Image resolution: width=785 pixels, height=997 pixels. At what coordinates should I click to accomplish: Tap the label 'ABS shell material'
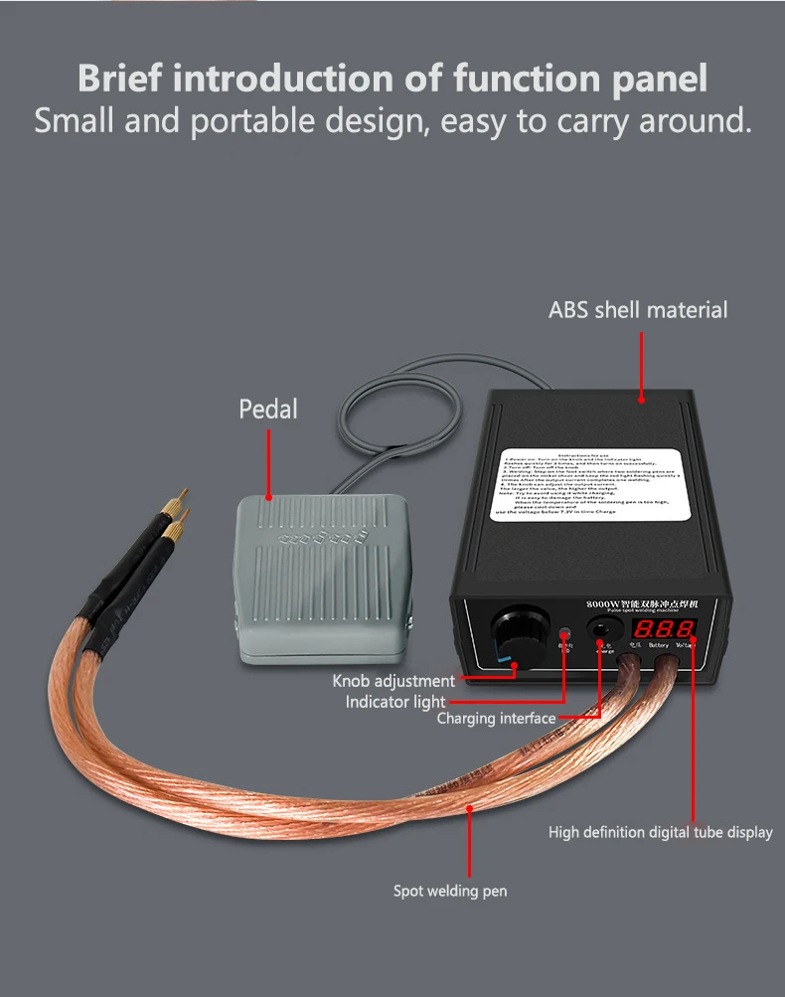coord(638,310)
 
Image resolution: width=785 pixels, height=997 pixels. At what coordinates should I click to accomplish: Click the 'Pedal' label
coord(267,409)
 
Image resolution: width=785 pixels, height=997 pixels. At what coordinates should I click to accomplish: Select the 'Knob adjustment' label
coord(393,681)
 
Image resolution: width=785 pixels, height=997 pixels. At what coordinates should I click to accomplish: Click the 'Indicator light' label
coord(395,702)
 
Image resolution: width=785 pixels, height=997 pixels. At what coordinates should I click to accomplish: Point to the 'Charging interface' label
coord(496,719)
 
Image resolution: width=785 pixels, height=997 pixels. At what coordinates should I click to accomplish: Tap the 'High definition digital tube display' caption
coord(660,832)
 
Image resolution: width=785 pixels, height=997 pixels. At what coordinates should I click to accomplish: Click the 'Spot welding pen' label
coord(450,891)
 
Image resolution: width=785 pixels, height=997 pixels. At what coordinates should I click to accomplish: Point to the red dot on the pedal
coord(268,494)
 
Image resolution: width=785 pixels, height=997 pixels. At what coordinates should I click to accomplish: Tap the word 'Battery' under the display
coord(658,645)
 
